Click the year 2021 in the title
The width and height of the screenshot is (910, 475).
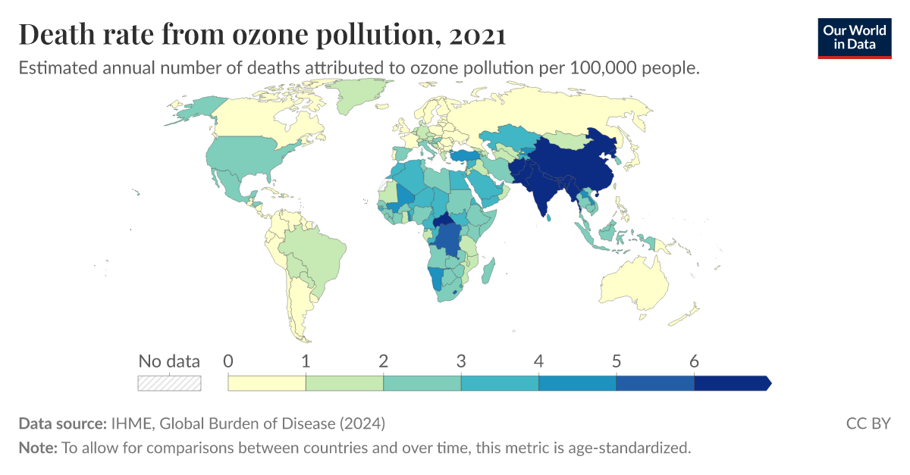477,35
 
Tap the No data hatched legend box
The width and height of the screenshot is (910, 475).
169,383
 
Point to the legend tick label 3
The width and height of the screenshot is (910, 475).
461,361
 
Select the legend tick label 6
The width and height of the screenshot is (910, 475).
694,361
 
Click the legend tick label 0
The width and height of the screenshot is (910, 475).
228,361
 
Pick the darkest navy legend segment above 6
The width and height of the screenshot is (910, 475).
731,383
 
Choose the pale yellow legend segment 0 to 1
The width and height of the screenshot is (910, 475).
267,383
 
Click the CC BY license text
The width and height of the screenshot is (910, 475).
868,423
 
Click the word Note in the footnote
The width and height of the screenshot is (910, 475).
36,448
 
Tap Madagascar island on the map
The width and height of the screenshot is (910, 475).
489,269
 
